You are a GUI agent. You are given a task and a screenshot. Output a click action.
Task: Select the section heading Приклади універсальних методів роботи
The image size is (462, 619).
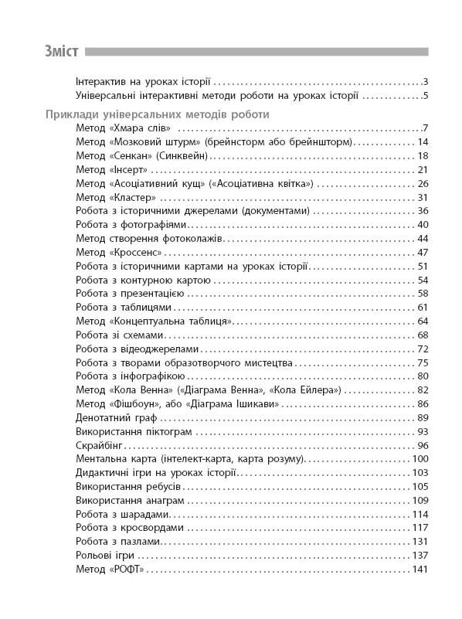[157, 114]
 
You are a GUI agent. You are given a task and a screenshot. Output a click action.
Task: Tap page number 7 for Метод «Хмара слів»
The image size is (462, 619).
[425, 128]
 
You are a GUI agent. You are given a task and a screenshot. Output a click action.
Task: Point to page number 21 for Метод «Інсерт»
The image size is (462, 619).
[422, 170]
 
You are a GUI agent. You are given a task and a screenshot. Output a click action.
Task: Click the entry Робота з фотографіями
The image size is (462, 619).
[127, 225]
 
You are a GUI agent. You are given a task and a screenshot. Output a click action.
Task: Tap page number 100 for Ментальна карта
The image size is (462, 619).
[420, 460]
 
